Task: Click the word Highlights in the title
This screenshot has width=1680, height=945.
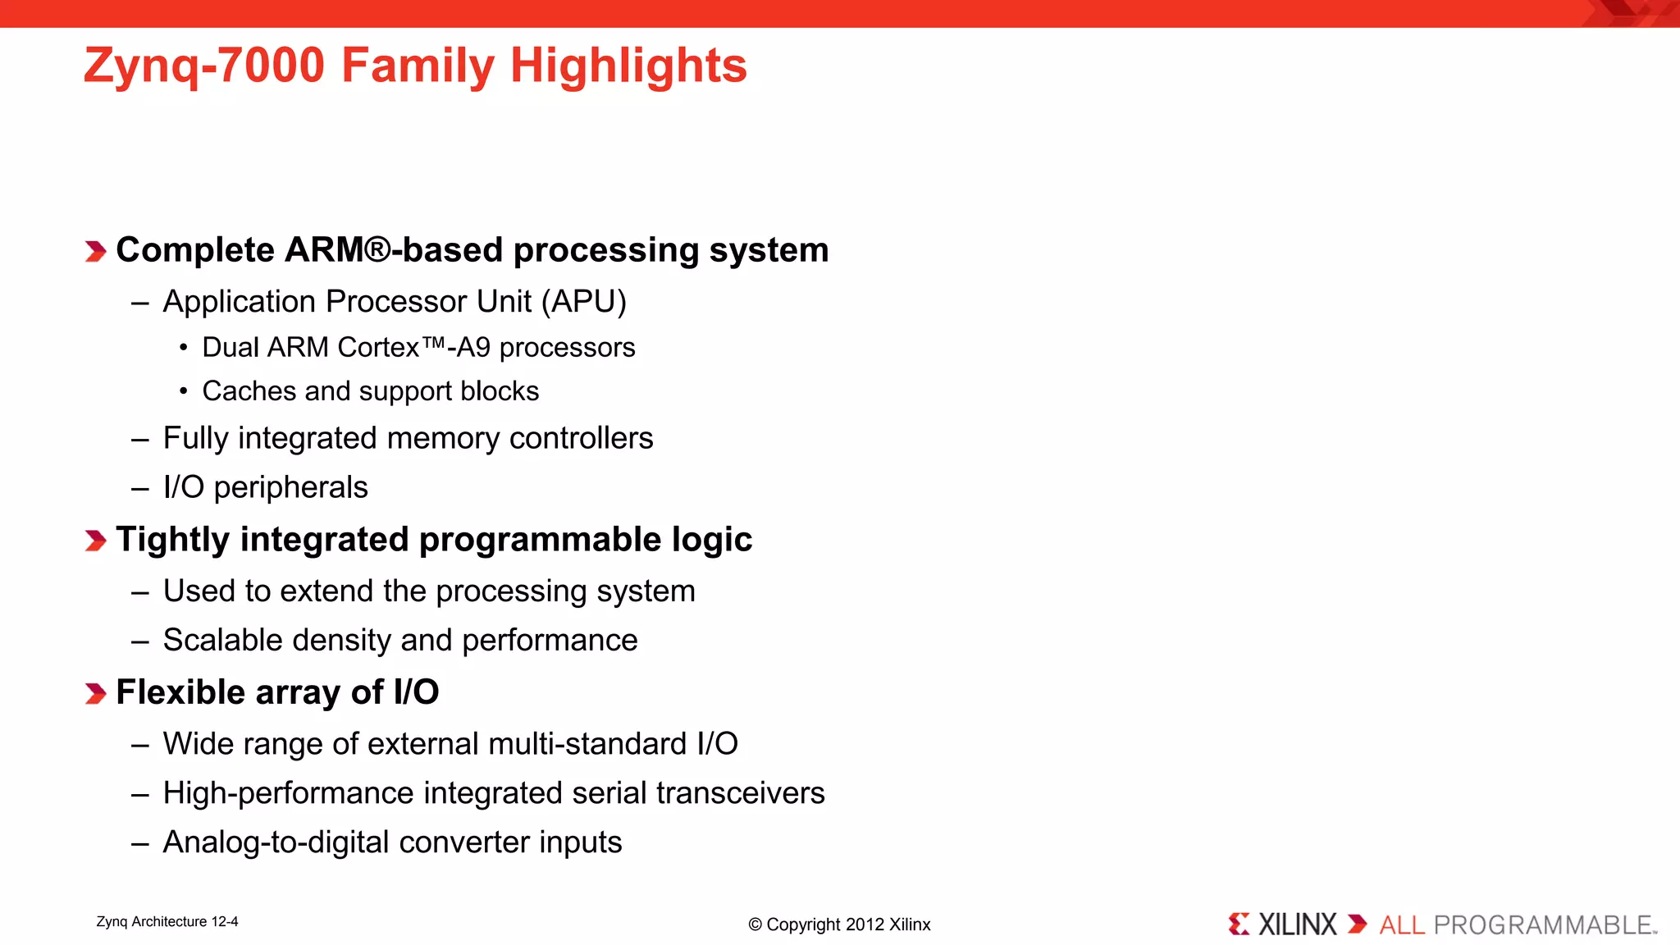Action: point(628,66)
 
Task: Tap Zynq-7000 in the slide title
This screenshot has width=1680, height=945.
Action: point(204,66)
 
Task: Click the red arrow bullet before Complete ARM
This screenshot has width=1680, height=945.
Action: point(96,251)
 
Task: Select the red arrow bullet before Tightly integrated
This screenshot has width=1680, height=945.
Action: point(96,541)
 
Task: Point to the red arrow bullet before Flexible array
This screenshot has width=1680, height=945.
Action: point(96,693)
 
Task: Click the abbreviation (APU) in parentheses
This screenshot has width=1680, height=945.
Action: point(583,302)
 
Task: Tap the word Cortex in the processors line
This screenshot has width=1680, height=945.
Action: point(379,348)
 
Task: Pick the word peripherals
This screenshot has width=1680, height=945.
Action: point(290,488)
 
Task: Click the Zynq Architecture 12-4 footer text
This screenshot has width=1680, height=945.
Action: point(167,922)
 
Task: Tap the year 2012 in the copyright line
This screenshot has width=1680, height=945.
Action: point(865,924)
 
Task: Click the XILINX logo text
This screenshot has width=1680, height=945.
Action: point(1297,925)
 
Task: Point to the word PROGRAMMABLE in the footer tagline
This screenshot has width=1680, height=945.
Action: point(1542,925)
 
